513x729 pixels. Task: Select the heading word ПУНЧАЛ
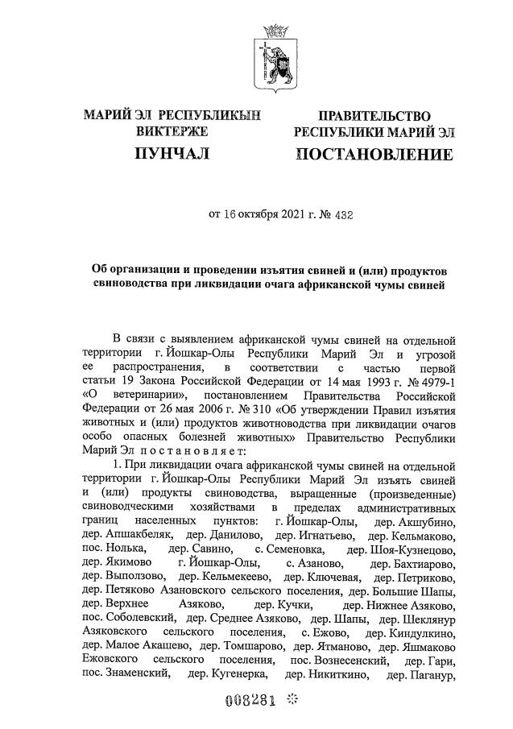coord(172,153)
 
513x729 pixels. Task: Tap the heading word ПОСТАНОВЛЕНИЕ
coord(374,154)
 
